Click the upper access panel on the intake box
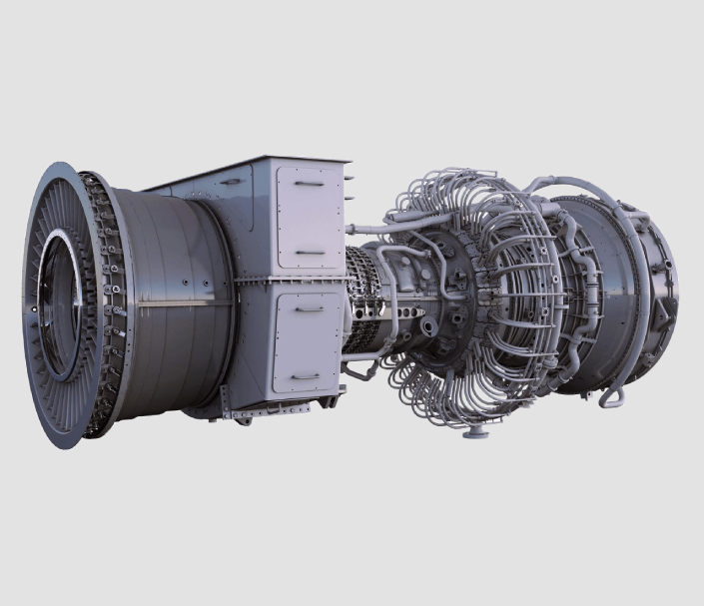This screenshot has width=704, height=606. [309, 217]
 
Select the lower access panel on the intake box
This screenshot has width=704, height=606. [309, 339]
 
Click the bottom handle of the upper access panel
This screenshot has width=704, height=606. [310, 252]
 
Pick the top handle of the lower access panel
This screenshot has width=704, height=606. [310, 308]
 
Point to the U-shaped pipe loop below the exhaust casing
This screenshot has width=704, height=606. [612, 397]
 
